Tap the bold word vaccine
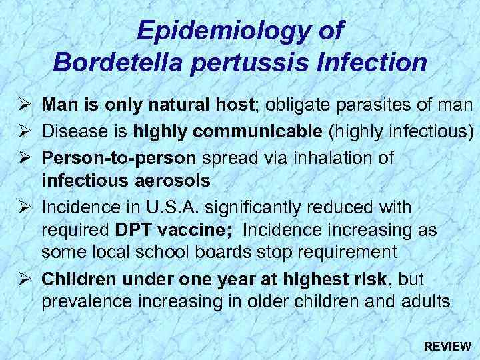(201, 231)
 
